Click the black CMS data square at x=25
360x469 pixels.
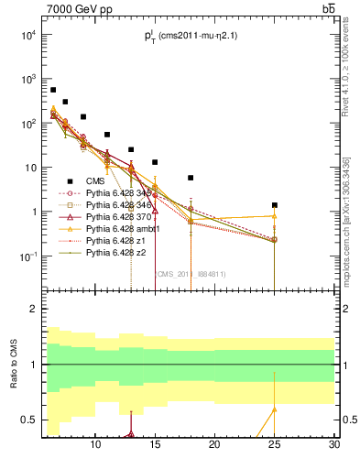275,205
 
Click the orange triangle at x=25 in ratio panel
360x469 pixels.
275,409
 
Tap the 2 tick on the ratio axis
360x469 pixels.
35,309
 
